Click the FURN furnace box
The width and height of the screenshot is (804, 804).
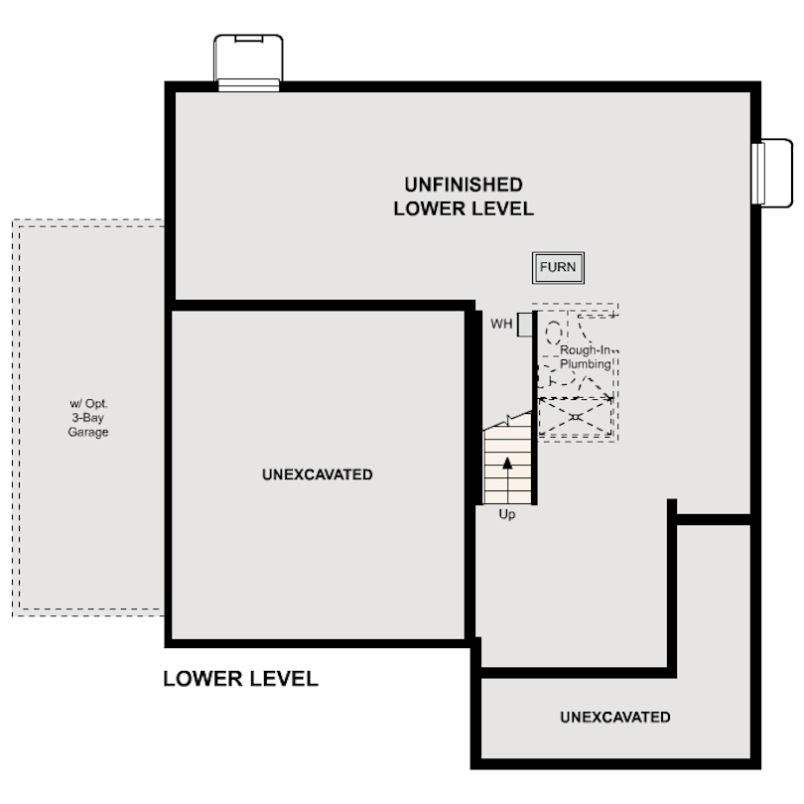pos(557,267)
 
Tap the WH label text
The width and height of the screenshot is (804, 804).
pos(500,325)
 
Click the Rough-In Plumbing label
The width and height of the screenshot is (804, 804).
pos(586,357)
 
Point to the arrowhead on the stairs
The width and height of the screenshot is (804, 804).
pos(508,463)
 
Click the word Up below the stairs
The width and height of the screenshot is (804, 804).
pos(507,514)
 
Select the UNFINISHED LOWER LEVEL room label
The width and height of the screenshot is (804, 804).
pos(464,197)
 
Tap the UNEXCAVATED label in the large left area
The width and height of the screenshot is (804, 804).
pos(318,474)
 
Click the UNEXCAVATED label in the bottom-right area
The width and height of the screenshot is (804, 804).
pos(614,717)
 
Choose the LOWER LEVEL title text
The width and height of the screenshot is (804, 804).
pos(240,679)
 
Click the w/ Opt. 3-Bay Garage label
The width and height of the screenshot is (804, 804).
pos(88,418)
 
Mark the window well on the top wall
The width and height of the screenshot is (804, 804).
pos(248,63)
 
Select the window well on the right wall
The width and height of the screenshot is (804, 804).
pos(773,174)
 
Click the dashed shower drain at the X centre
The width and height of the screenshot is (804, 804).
pos(575,417)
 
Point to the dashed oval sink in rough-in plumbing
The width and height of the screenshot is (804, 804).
pos(553,334)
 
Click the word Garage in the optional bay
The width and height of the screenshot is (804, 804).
pos(88,433)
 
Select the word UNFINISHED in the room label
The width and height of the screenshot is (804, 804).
pos(464,185)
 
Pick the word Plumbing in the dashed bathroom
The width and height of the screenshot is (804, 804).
pos(586,364)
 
